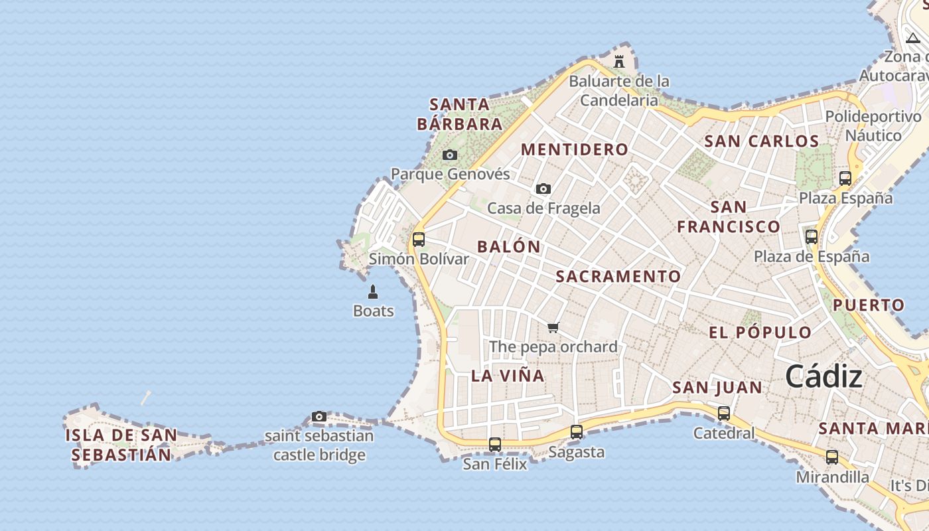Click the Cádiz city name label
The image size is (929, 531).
click(823, 377)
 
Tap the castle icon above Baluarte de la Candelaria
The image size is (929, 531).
click(619, 62)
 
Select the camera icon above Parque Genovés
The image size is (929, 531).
click(450, 155)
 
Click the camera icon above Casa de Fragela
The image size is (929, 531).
click(543, 189)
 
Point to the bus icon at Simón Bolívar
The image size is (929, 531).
click(419, 240)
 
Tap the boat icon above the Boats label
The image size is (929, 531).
click(373, 292)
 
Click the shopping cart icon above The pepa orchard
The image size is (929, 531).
click(553, 327)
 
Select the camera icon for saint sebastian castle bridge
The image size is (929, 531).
click(319, 417)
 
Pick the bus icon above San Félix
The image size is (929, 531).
click(495, 445)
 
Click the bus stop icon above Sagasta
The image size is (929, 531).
click(577, 432)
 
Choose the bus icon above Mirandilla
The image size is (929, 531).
click(832, 457)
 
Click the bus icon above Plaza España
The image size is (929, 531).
click(845, 179)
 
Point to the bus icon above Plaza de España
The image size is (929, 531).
click(812, 237)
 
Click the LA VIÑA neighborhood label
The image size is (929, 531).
click(508, 376)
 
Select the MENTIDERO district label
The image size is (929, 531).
click(574, 150)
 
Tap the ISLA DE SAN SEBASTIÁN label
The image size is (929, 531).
click(121, 445)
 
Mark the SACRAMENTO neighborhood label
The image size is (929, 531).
click(618, 277)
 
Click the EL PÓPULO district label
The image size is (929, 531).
click(760, 333)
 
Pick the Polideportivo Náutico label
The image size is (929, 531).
click(873, 126)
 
